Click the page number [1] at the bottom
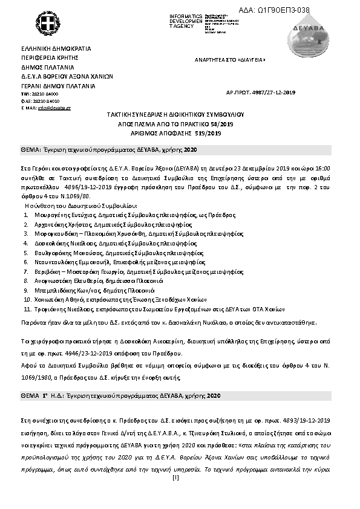point(175,478)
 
